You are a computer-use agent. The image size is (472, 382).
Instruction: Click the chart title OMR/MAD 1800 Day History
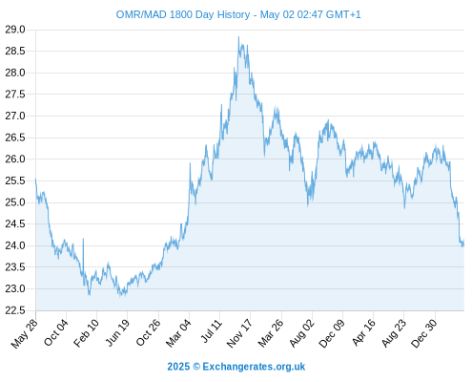(x=183, y=14)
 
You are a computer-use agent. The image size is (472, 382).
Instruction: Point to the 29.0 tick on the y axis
(x=15, y=30)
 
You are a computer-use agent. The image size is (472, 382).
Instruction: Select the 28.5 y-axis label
(x=15, y=51)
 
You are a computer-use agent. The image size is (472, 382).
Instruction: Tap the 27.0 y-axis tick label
(x=15, y=116)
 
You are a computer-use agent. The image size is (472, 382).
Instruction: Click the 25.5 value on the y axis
(x=15, y=180)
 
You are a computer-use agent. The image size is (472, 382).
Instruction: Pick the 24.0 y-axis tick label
(x=15, y=245)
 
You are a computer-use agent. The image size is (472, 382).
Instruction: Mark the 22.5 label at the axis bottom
(x=15, y=310)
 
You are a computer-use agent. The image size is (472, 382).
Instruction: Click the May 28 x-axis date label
(x=24, y=333)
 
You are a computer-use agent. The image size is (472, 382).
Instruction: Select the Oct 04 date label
(x=56, y=332)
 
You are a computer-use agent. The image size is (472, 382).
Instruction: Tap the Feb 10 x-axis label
(x=86, y=332)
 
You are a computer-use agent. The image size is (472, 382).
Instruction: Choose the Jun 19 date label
(x=117, y=332)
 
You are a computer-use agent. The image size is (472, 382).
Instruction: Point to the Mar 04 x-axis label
(x=178, y=333)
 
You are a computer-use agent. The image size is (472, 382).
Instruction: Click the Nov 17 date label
(x=239, y=333)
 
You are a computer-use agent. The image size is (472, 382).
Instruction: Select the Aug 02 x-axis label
(x=302, y=333)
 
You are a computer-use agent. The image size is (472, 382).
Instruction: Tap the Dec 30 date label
(x=424, y=333)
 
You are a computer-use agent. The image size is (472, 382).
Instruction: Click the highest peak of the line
(x=238, y=36)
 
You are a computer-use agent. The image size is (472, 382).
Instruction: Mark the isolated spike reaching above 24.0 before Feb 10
(x=83, y=239)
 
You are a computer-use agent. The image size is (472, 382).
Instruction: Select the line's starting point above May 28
(x=35, y=179)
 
